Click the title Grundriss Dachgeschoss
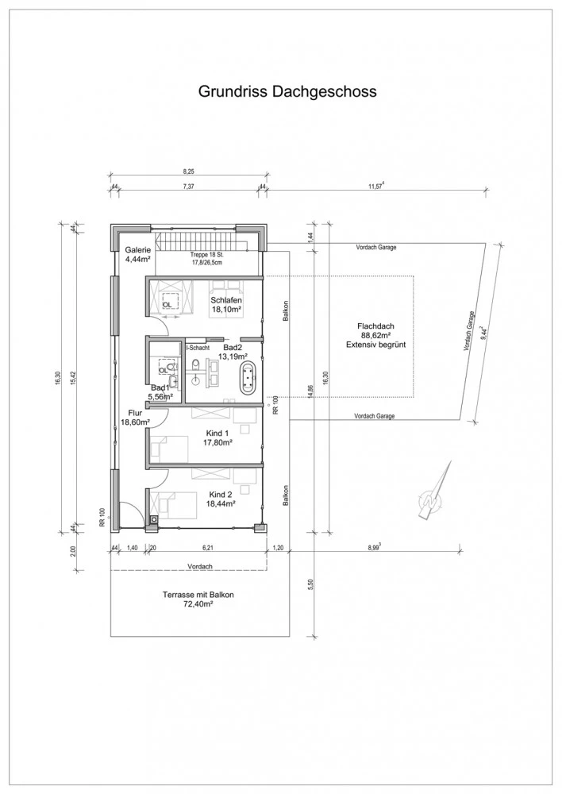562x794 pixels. point(287,91)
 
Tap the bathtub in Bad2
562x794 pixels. point(248,378)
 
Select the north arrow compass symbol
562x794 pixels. point(434,491)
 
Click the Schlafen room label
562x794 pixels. point(225,301)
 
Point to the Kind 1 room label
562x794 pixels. point(217,434)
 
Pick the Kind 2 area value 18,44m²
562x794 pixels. point(219,504)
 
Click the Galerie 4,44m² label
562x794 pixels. point(138,254)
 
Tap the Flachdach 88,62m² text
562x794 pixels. point(375,335)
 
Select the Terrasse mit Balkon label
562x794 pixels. point(198,595)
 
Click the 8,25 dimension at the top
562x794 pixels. point(187,172)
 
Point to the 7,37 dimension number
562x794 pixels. point(188,187)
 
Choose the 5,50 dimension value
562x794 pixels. point(310,584)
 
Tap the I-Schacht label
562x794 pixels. point(198,348)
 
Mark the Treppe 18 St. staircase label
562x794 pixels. point(206,255)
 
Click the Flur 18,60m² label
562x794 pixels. point(134,417)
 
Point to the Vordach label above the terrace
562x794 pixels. point(199,566)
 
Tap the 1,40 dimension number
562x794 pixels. point(132,548)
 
